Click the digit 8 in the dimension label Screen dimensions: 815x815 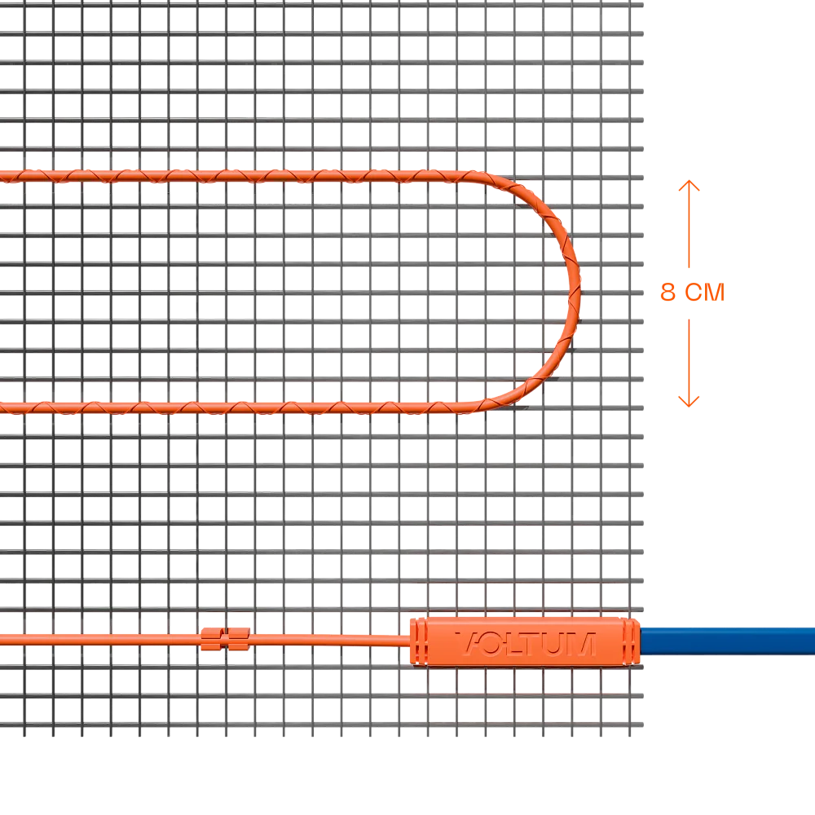pos(668,292)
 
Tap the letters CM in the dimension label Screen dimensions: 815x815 pos(705,292)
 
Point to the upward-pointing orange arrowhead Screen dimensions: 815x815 pos(689,185)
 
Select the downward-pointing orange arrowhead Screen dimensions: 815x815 pos(689,401)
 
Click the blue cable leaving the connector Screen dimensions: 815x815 pos(728,641)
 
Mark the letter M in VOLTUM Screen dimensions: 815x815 pos(584,644)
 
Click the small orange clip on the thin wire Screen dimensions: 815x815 pos(225,639)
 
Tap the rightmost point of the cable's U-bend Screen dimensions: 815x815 pos(579,291)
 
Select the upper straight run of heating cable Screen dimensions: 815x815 pos(239,177)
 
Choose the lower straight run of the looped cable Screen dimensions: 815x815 pos(239,408)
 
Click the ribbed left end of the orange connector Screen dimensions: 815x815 pos(418,641)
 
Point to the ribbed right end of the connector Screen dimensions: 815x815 pos(630,641)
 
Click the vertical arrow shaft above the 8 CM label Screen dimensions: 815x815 pos(689,225)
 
